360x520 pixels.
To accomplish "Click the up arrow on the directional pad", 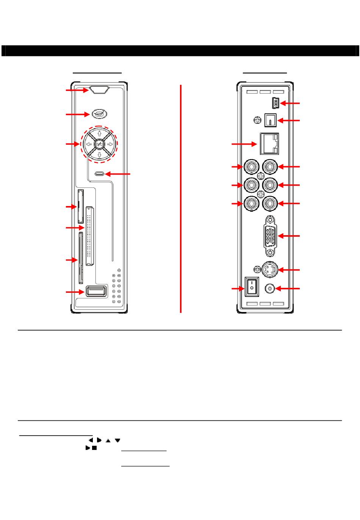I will (x=99, y=133).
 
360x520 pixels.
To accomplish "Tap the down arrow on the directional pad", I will (x=99, y=155).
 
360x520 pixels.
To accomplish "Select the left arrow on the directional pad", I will (x=88, y=144).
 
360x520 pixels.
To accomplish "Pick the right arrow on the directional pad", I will (x=110, y=144).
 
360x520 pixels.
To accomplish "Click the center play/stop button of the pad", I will (x=99, y=144).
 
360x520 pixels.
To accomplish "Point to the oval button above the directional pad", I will (x=99, y=114).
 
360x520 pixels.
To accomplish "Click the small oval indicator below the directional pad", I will (x=99, y=174).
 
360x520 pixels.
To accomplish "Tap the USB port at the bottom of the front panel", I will (x=96, y=291).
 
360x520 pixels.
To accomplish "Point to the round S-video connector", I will (x=270, y=270).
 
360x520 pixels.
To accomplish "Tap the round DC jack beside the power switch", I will (x=269, y=289).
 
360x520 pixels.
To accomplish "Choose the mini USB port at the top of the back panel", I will (x=275, y=103).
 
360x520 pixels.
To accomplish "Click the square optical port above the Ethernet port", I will (x=271, y=120).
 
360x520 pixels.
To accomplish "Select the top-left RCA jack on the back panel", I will (x=251, y=166).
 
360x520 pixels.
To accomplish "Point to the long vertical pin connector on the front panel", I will (x=89, y=236).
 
